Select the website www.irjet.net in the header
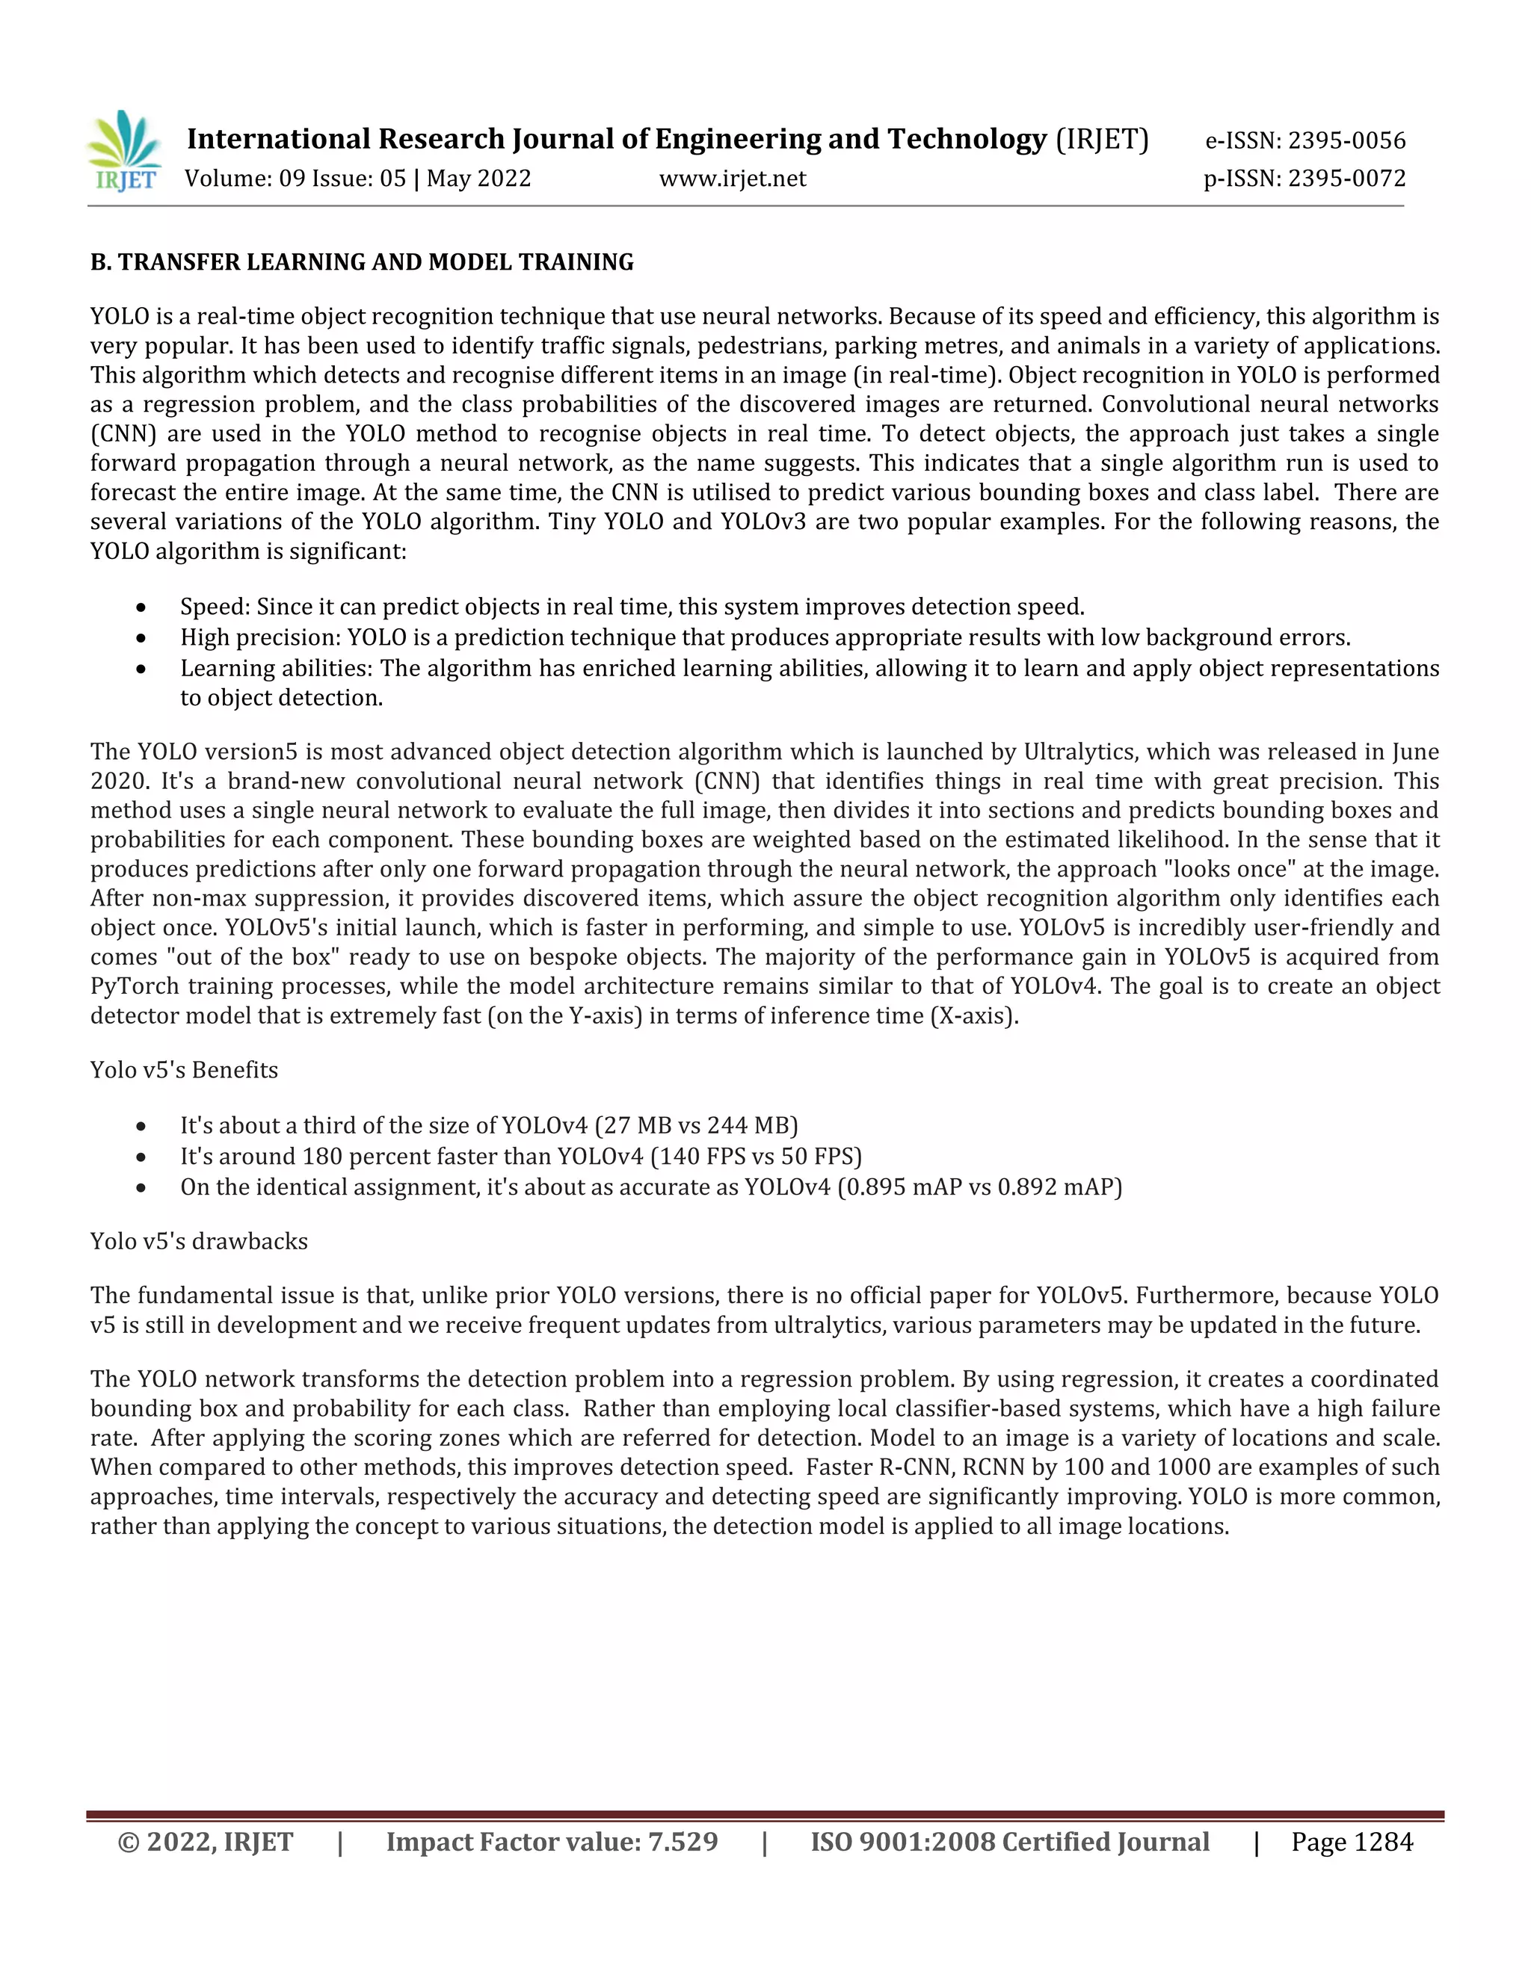[x=732, y=179]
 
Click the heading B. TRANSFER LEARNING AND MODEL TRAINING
[x=362, y=262]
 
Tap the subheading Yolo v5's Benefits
[x=184, y=1070]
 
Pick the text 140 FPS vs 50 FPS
[x=756, y=1156]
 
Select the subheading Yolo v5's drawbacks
[x=199, y=1241]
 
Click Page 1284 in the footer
[x=1352, y=1843]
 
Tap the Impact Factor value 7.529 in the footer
[x=682, y=1843]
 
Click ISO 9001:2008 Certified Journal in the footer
[x=1009, y=1843]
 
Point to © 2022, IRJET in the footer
[x=206, y=1843]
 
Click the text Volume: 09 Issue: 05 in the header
[x=295, y=179]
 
